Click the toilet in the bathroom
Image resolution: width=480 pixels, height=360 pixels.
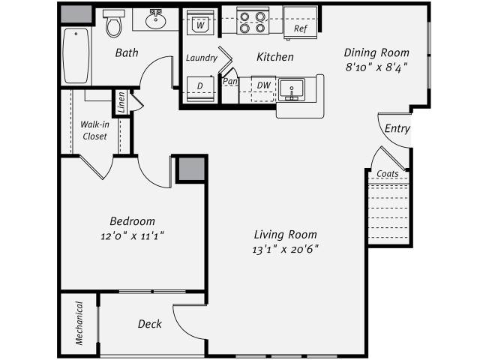point(114,23)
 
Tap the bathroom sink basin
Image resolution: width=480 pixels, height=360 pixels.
point(155,20)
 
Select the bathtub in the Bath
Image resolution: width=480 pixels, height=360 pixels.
point(76,55)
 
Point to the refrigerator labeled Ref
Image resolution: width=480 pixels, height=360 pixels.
point(300,23)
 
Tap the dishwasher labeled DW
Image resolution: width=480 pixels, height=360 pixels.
point(263,88)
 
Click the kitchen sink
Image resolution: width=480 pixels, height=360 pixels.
point(292,89)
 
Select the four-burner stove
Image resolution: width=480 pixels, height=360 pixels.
point(253,22)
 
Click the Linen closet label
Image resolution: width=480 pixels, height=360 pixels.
point(121,102)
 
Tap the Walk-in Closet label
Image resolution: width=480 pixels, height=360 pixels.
point(95,130)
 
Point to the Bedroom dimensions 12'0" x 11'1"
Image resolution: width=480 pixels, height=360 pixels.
point(132,236)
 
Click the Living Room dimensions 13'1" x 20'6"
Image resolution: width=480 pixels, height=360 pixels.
point(285,250)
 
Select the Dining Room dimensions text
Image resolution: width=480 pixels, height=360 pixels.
point(376,67)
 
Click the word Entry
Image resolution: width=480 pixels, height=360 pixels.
point(397,128)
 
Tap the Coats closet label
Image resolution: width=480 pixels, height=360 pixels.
point(388,173)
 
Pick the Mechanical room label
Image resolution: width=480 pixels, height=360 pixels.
point(79,323)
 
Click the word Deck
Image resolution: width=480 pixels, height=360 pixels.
point(150,324)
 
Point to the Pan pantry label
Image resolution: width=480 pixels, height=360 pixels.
point(230,82)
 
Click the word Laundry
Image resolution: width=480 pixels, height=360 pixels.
point(202,58)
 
